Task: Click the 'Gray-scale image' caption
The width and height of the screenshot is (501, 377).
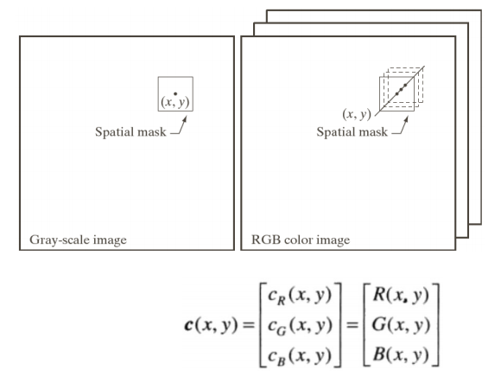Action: point(73,240)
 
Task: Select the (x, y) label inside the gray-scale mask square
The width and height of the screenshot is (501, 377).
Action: point(175,102)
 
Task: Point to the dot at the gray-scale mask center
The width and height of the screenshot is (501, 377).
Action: point(174,93)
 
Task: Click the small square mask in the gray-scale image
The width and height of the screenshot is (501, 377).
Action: point(174,93)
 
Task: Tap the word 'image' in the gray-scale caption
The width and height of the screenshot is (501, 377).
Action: point(106,240)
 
